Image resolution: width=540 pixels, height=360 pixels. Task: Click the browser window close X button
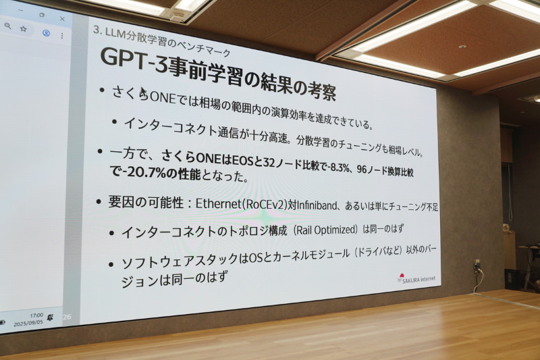point(62,18)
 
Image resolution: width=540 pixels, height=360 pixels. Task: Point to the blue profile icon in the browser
point(46,32)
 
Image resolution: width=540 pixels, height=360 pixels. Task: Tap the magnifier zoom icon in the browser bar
point(7,26)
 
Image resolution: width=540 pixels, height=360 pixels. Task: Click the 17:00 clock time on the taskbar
point(36,315)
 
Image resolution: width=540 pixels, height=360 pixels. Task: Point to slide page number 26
point(66,316)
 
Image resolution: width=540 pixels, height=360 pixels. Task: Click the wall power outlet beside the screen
point(477,264)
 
